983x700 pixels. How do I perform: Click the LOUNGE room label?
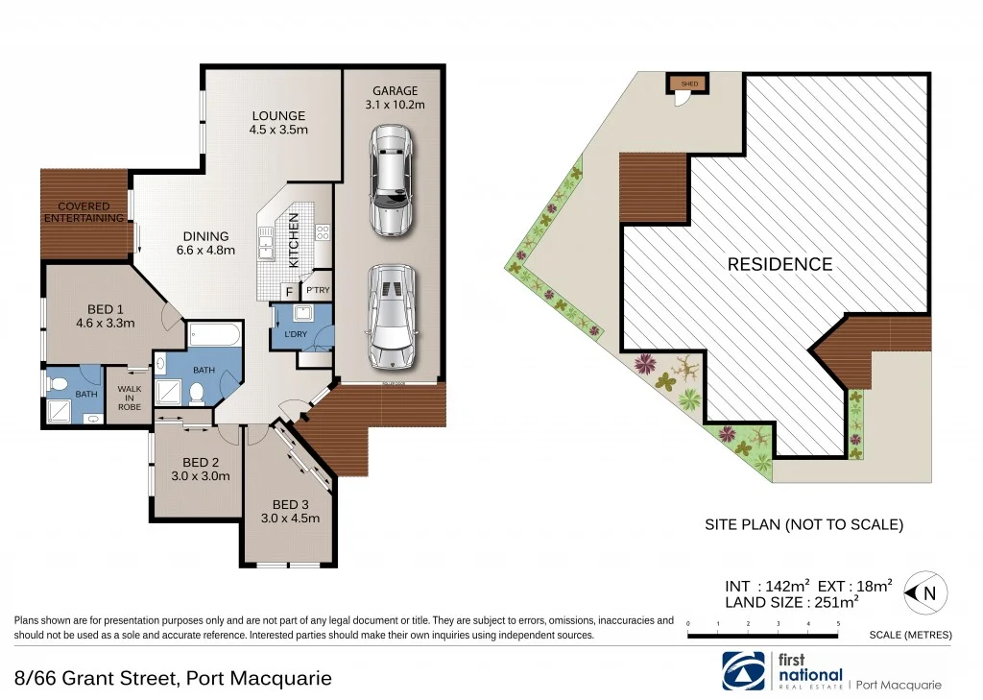pyautogui.click(x=278, y=116)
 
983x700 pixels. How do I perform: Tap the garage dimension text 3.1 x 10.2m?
pyautogui.click(x=396, y=105)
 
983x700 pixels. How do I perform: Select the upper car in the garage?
pyautogui.click(x=391, y=181)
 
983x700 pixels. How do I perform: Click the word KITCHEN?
pyautogui.click(x=295, y=240)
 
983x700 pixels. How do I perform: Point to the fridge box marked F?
pyautogui.click(x=288, y=291)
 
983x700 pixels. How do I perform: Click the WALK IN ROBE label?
pyautogui.click(x=130, y=398)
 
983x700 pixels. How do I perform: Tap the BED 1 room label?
pyautogui.click(x=105, y=308)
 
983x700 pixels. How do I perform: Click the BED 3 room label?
pyautogui.click(x=291, y=504)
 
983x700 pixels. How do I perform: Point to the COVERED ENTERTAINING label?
pyautogui.click(x=84, y=212)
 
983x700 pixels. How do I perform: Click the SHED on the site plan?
pyautogui.click(x=689, y=84)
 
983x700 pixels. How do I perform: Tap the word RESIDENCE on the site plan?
pyautogui.click(x=779, y=264)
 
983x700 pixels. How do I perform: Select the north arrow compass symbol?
pyautogui.click(x=922, y=593)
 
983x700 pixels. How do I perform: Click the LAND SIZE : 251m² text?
pyautogui.click(x=791, y=602)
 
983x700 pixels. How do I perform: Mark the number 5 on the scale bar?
pyautogui.click(x=839, y=624)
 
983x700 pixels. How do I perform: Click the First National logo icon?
pyautogui.click(x=746, y=669)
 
